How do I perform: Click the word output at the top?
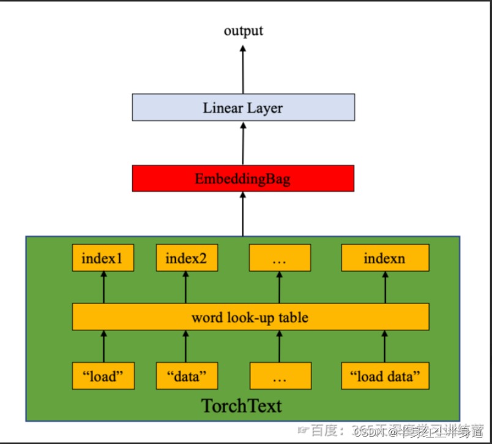point(243,31)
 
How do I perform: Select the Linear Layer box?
point(243,107)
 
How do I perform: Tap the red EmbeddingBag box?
point(243,178)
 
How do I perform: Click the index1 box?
point(103,258)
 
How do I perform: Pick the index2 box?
point(186,258)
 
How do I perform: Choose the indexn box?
point(385,258)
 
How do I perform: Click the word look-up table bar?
point(250,317)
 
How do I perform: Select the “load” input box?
point(103,376)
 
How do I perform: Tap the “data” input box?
point(186,376)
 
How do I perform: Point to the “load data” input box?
point(385,376)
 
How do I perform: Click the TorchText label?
point(242,405)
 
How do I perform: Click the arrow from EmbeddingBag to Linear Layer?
point(243,142)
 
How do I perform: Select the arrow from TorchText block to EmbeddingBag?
point(243,213)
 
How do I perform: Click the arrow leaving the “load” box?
point(103,346)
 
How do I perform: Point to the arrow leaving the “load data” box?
point(385,346)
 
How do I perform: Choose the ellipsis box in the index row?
point(279,258)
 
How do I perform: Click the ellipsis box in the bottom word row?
point(279,376)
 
